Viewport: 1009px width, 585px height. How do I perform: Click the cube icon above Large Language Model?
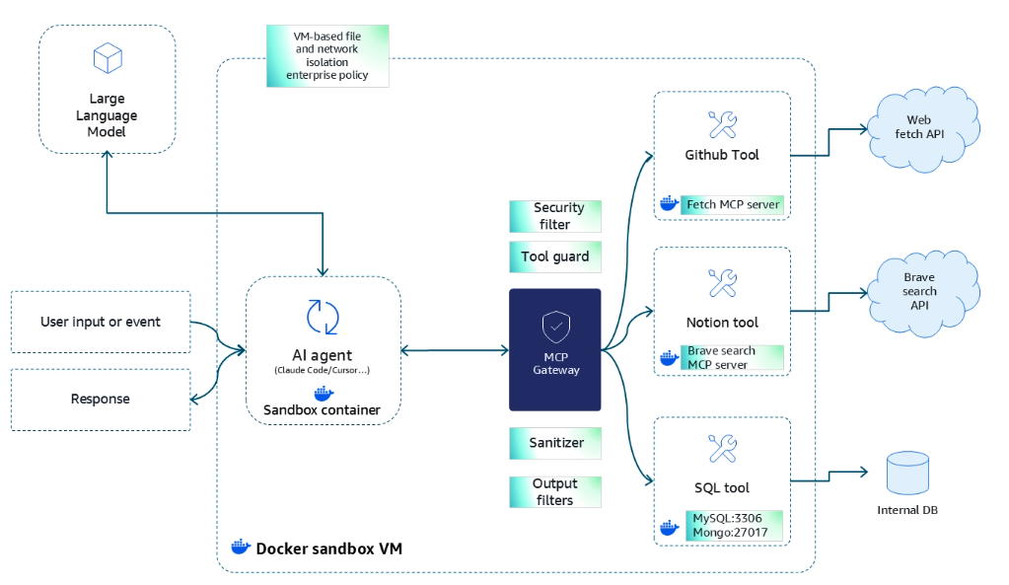pyautogui.click(x=107, y=58)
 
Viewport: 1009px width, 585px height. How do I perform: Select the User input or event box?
pyautogui.click(x=101, y=322)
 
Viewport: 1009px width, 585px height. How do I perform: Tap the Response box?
pyautogui.click(x=101, y=400)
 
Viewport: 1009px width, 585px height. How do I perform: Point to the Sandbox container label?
pyautogui.click(x=323, y=409)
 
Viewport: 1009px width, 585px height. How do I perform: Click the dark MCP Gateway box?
pyautogui.click(x=555, y=349)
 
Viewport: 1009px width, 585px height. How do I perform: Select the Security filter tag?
pyautogui.click(x=555, y=216)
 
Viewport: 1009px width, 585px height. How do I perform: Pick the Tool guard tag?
pyautogui.click(x=555, y=256)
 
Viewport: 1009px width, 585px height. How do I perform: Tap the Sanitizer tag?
pyautogui.click(x=555, y=443)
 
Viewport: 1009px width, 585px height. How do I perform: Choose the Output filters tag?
pyautogui.click(x=555, y=491)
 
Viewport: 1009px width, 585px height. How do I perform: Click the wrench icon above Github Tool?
pyautogui.click(x=723, y=124)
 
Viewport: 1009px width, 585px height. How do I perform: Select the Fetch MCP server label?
pyautogui.click(x=732, y=204)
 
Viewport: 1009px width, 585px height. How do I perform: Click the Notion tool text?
pyautogui.click(x=722, y=323)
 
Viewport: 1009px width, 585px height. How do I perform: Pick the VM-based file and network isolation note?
pyautogui.click(x=326, y=55)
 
